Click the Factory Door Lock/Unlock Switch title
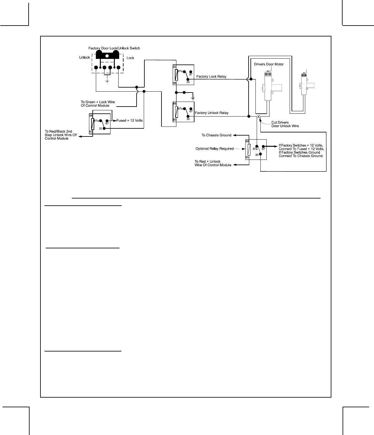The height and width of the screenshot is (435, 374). [114, 48]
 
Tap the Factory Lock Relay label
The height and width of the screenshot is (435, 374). [211, 76]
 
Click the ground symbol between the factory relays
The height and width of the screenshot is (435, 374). [193, 98]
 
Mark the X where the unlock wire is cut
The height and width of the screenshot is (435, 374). [258, 117]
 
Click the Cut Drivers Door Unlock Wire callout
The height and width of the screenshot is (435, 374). [285, 124]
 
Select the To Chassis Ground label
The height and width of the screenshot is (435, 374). [216, 135]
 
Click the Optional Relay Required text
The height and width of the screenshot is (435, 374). [214, 149]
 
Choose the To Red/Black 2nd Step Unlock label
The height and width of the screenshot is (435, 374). [61, 135]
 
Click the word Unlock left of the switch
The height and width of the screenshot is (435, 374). [84, 58]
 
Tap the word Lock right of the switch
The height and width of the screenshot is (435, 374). [130, 58]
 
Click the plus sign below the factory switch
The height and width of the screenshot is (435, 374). [107, 81]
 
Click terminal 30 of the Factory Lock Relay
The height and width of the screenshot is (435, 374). [188, 80]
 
